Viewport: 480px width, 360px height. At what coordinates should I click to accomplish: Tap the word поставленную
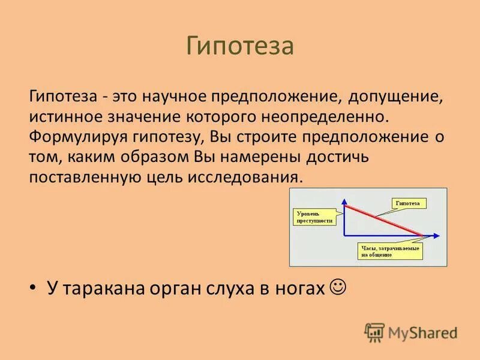tap(85, 178)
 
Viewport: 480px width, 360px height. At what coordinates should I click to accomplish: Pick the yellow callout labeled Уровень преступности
tap(314, 217)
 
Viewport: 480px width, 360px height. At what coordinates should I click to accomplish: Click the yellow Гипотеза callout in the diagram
tap(409, 203)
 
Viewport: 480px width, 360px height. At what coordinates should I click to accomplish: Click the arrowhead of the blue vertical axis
tap(344, 201)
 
